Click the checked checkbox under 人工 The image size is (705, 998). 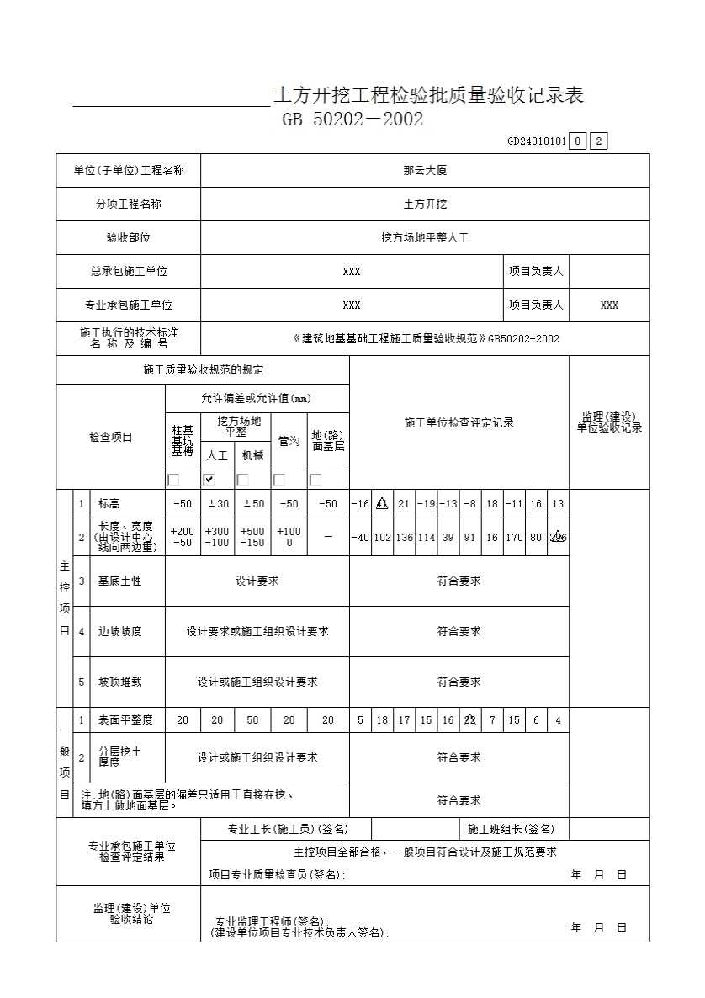(209, 480)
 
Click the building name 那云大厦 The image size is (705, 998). (425, 170)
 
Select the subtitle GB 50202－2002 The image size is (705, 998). (352, 119)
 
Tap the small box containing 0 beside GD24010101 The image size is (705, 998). (577, 141)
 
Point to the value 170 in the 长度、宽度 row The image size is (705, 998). (514, 538)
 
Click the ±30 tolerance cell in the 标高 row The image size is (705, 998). (217, 504)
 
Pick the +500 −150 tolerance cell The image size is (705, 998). (252, 538)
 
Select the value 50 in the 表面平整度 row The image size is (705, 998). (252, 720)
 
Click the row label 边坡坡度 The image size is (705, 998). (119, 631)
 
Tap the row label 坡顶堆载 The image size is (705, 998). (119, 682)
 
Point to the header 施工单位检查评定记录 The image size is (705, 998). (459, 422)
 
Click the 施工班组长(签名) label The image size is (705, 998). (512, 830)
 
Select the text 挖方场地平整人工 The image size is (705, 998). (425, 238)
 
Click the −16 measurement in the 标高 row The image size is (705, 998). (360, 504)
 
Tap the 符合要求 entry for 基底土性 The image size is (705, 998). (459, 581)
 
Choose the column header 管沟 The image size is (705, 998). (289, 440)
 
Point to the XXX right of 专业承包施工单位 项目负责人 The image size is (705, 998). (609, 305)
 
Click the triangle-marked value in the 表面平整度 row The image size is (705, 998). (470, 720)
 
